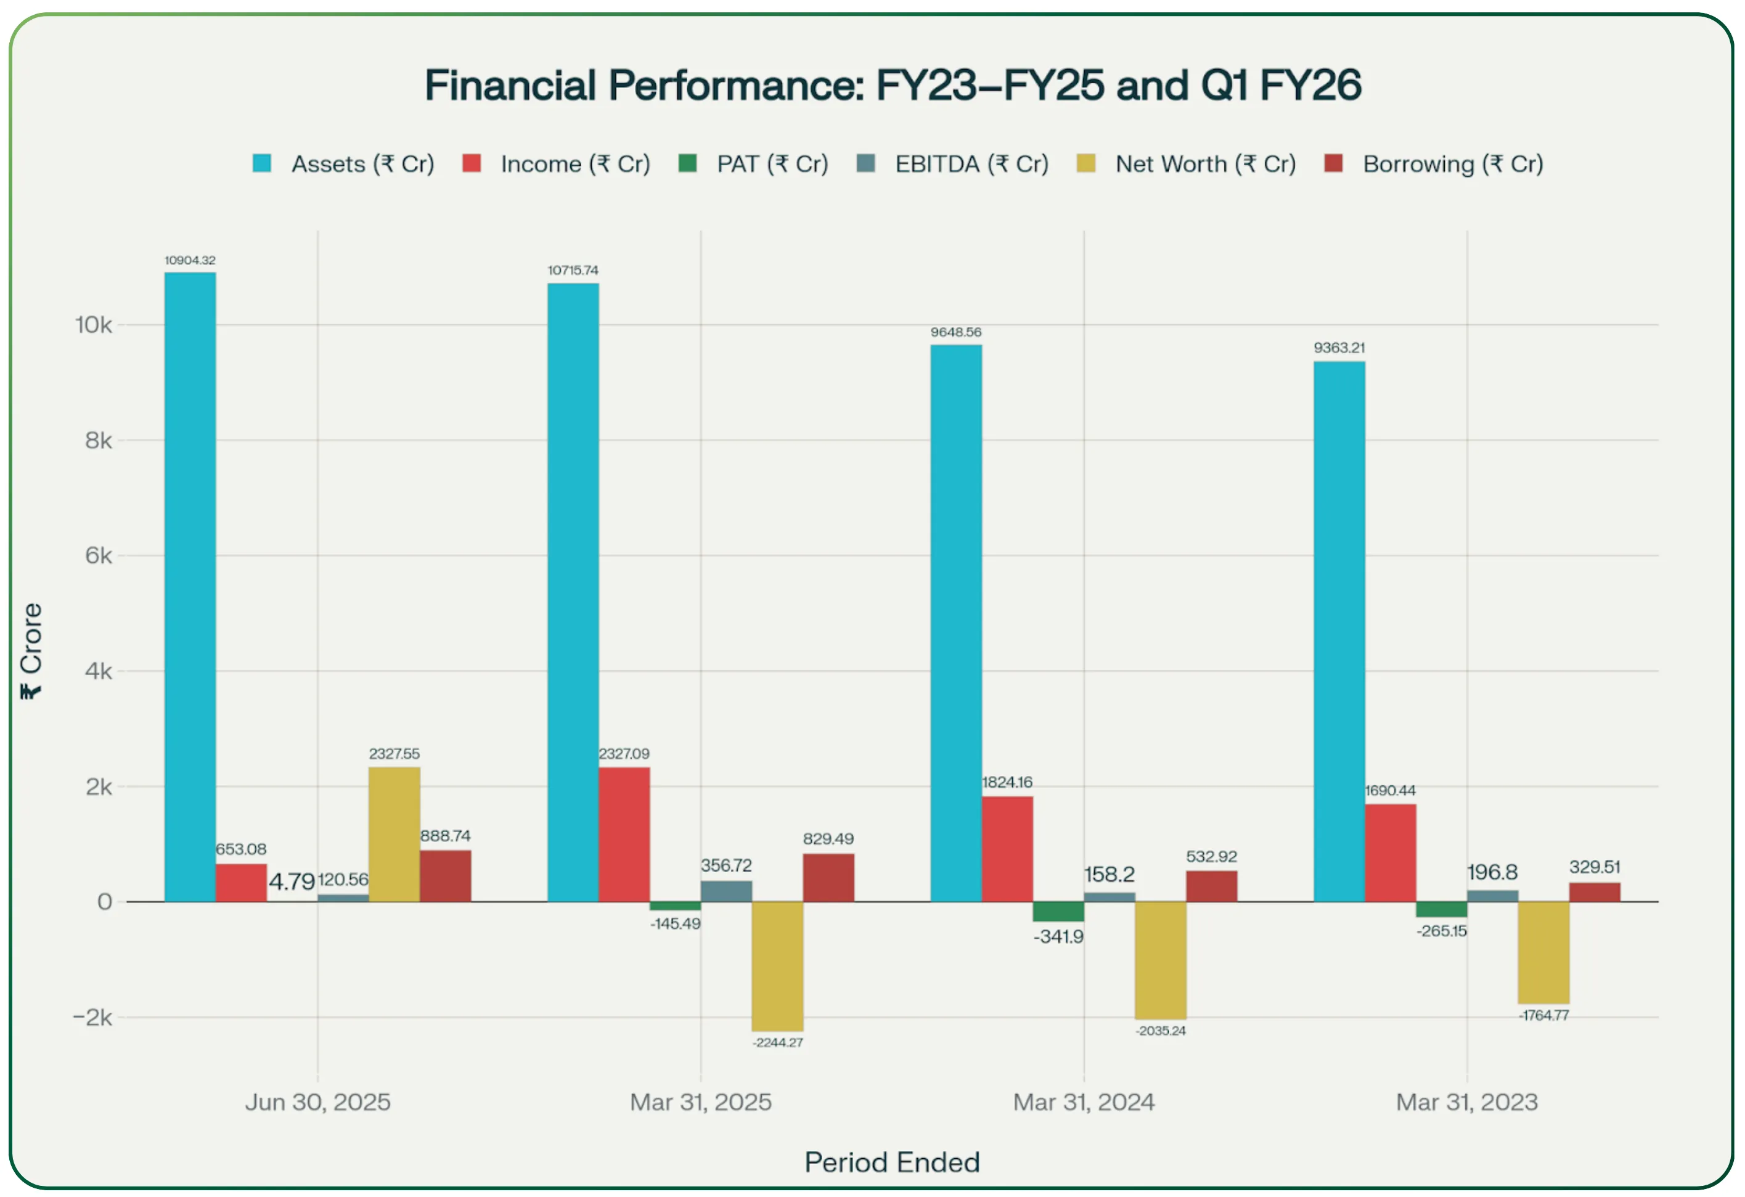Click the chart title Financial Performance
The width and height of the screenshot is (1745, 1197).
point(892,85)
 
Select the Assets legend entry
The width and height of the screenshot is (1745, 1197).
point(344,164)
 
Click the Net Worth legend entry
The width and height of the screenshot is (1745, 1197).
point(1187,164)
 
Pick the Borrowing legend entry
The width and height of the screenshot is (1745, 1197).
point(1434,164)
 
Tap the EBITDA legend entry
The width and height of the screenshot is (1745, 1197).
point(953,164)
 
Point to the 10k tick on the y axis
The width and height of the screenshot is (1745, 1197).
point(93,325)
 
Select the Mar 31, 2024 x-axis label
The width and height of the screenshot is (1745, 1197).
point(1084,1101)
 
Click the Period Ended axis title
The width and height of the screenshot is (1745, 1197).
point(892,1162)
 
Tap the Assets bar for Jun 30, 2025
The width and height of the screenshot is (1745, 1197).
point(190,586)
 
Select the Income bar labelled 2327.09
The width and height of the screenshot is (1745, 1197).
point(624,833)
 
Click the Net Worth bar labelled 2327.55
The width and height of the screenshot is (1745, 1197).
point(394,833)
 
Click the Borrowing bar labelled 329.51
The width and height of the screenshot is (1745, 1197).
point(1594,892)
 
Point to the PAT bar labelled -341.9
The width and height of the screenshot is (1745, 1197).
point(1058,911)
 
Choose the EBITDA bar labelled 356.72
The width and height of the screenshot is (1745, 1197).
point(726,891)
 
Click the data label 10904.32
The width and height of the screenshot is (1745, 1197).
point(190,261)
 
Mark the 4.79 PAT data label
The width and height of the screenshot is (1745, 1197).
point(292,881)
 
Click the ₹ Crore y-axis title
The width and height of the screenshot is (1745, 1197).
point(31,650)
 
